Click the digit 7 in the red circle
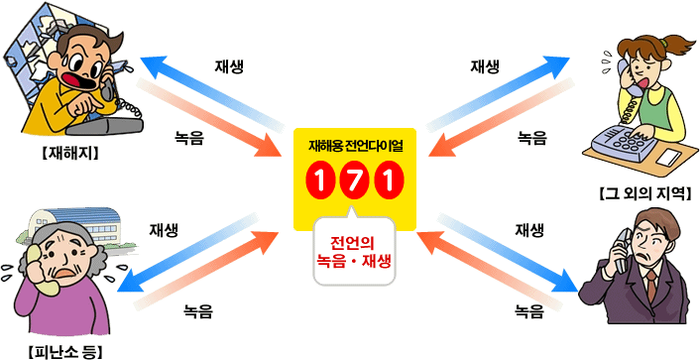[x=355, y=180]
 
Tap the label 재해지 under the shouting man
[x=70, y=153]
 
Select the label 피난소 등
[x=65, y=351]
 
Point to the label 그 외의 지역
[x=645, y=193]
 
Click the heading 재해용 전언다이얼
[x=355, y=146]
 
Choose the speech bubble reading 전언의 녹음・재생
[x=355, y=250]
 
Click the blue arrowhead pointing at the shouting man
[x=154, y=63]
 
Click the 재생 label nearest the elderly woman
[x=164, y=230]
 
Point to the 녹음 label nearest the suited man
[x=529, y=310]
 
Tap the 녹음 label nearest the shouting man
[x=188, y=138]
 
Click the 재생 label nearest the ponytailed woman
[x=485, y=66]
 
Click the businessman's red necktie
[x=651, y=286]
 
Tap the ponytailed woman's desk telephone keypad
[x=629, y=140]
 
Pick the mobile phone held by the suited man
[x=624, y=251]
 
